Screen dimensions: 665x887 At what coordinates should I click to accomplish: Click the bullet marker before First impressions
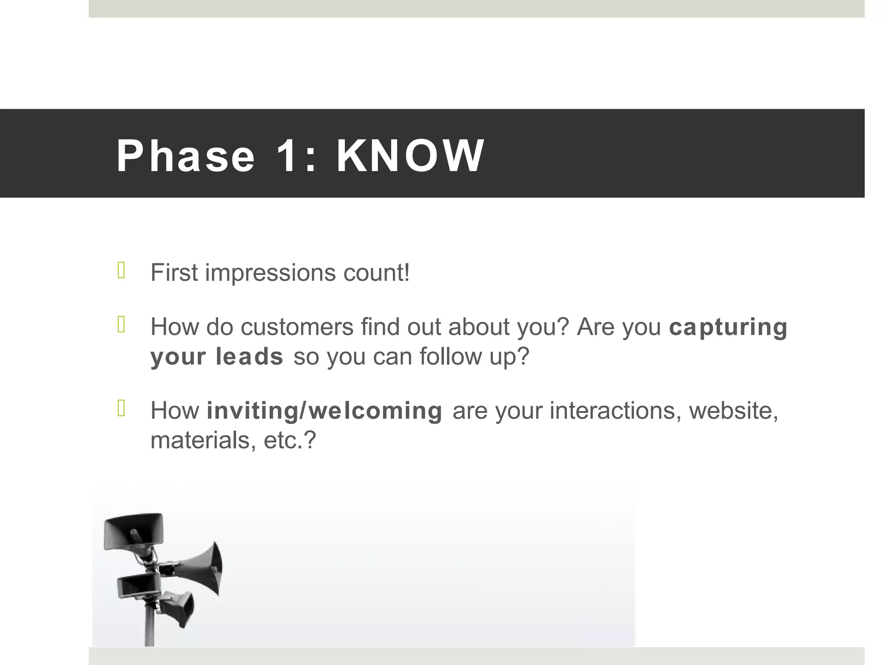click(x=121, y=271)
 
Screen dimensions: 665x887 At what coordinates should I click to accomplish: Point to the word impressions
click(x=270, y=274)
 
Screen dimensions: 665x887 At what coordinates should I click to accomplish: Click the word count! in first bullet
click(x=376, y=274)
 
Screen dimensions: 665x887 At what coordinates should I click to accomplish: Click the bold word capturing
click(x=728, y=328)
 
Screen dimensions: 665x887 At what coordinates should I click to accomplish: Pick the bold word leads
click(x=249, y=357)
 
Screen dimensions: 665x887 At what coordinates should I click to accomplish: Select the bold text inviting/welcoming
click(x=324, y=411)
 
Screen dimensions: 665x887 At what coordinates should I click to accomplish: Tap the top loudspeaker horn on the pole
click(x=134, y=532)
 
